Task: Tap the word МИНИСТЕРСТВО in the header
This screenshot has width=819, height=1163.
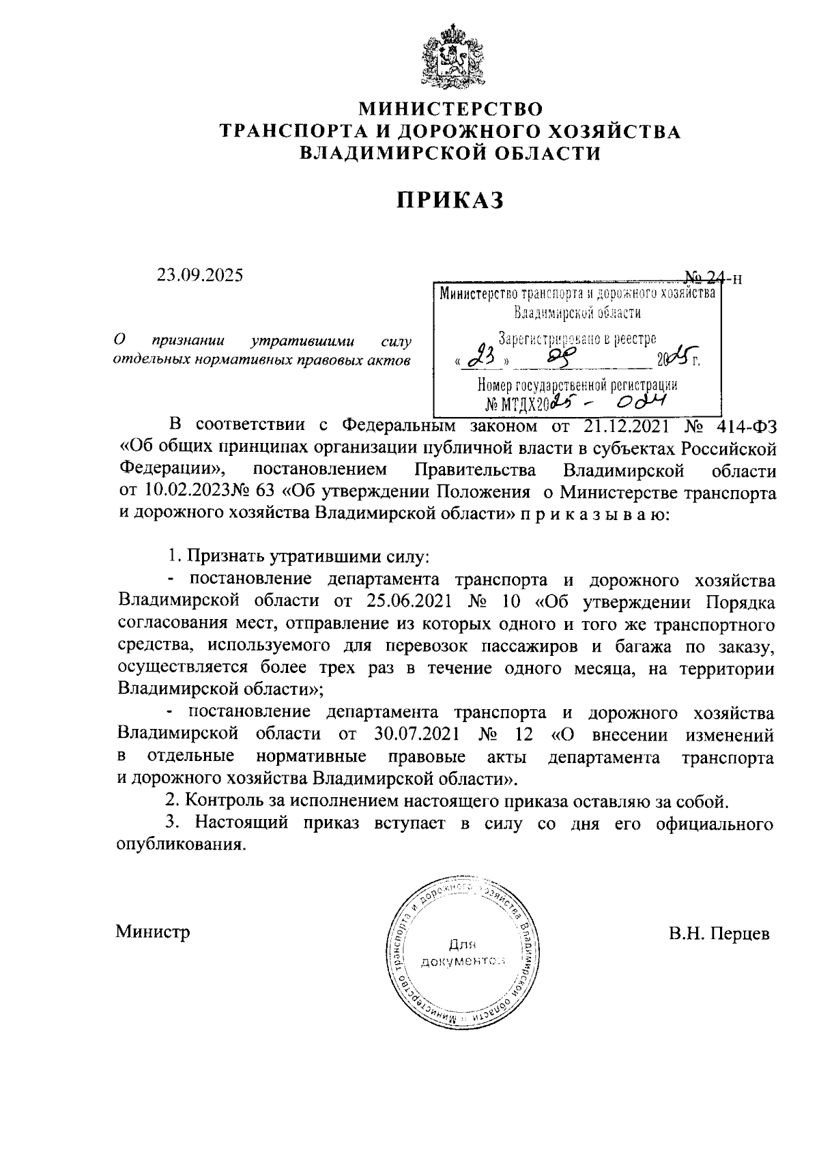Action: [x=450, y=109]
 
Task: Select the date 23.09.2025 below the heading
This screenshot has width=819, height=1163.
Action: [x=200, y=275]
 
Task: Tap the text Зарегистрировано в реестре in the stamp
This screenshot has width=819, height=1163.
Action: [x=577, y=339]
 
